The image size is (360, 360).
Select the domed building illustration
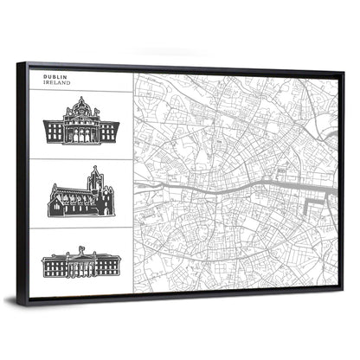[81, 123]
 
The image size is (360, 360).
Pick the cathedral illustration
[80, 195]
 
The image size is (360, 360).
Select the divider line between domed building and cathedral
[87, 159]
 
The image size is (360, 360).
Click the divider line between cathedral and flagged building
[87, 228]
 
